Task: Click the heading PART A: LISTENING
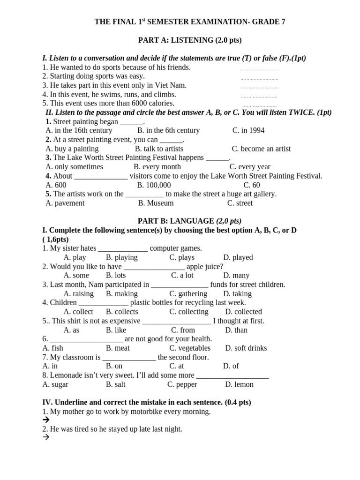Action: pos(189,40)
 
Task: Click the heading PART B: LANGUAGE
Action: pos(189,221)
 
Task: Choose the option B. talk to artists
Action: pos(159,149)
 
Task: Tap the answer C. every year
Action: pos(250,166)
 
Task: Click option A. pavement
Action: pos(65,203)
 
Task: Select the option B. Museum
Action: pos(156,203)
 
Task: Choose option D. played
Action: pos(238,257)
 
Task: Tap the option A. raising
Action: pos(78,293)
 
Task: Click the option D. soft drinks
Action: pos(246,348)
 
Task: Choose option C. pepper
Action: pos(182,384)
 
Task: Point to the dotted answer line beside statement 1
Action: pos(259,69)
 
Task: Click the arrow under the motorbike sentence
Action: pos(46,420)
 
